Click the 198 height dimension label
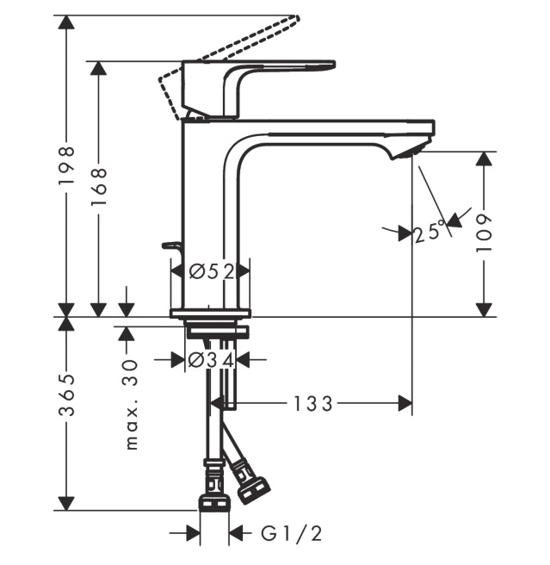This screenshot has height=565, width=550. [x=66, y=170]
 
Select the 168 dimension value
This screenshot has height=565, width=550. [x=100, y=183]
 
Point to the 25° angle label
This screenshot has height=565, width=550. [x=430, y=231]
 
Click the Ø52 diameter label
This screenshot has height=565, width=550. [x=211, y=272]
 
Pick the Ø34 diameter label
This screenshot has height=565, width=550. [x=211, y=360]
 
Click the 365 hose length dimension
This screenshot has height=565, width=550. [x=66, y=395]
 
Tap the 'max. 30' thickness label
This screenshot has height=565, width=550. [x=131, y=405]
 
